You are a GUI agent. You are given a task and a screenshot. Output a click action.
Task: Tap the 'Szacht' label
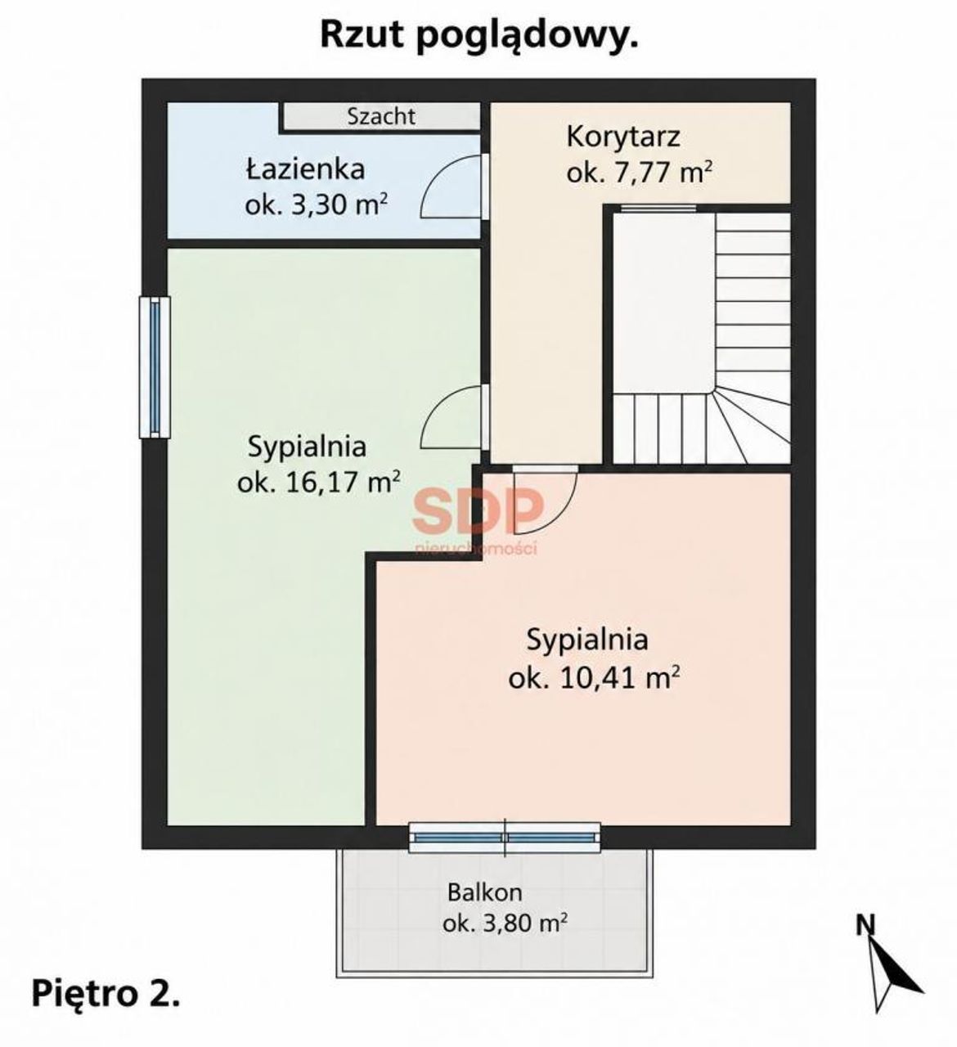coord(381,116)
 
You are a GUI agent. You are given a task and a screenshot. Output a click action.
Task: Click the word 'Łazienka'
coord(305,169)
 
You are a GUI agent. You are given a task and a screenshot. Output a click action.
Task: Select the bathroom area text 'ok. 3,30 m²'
coord(317,205)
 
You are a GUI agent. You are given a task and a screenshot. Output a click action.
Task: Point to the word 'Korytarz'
coord(623,137)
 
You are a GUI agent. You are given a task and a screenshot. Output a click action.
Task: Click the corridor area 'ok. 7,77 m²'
coord(640,173)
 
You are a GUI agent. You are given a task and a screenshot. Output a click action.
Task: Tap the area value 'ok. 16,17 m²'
coord(319,483)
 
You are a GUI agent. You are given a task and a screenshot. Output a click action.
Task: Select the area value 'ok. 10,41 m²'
coord(595,679)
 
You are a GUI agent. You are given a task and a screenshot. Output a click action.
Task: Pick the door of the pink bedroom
coord(545,499)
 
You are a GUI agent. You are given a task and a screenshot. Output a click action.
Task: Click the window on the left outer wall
coord(155,367)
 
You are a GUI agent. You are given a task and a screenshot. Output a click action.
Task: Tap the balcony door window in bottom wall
coord(505,837)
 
